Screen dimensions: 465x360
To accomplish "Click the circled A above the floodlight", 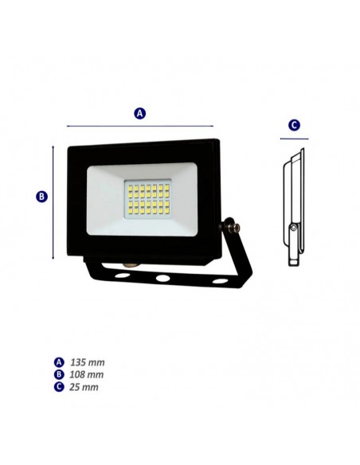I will click(x=140, y=114).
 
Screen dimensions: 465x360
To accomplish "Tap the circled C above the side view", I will click(x=294, y=125).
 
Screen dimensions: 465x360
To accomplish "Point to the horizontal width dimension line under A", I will click(x=140, y=126).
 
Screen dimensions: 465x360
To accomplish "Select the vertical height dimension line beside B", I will click(x=54, y=202).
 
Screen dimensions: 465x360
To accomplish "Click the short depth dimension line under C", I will click(x=294, y=138).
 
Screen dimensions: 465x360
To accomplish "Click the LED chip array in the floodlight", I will click(x=147, y=199).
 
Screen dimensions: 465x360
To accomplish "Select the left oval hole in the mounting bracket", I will click(x=121, y=275).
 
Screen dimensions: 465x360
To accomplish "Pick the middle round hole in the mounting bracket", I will click(x=162, y=279).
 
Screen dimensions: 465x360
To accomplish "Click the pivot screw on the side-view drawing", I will click(x=294, y=229).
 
